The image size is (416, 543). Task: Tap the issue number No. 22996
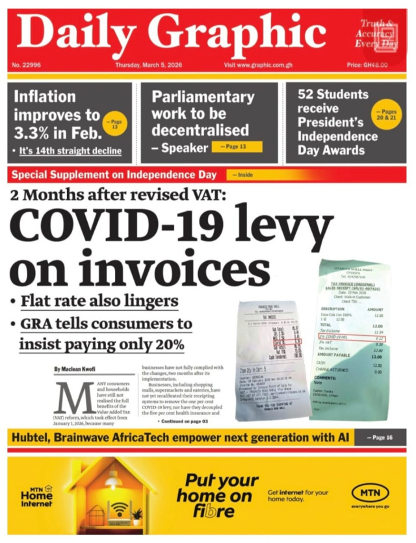(x=25, y=66)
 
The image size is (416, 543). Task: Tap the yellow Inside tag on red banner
(x=245, y=175)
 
